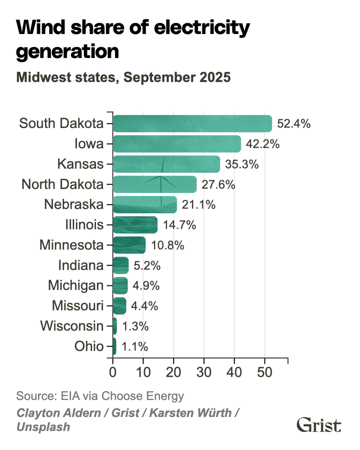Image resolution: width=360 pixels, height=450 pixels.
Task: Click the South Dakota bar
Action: click(192, 124)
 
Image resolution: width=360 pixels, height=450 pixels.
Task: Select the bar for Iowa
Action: click(177, 144)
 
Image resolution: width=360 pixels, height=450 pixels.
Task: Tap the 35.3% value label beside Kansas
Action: click(242, 164)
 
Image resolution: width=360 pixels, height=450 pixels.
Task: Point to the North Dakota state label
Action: click(63, 184)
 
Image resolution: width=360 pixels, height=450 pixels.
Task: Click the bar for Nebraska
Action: click(145, 205)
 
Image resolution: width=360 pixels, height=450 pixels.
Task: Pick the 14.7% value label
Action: click(179, 225)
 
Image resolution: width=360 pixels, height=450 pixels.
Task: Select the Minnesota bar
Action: click(129, 245)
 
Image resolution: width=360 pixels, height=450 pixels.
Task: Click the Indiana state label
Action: click(81, 265)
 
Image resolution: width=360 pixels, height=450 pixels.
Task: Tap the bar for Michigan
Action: click(120, 285)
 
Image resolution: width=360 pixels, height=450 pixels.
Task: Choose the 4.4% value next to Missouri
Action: click(144, 306)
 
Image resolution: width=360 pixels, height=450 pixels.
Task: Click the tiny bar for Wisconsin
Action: click(115, 326)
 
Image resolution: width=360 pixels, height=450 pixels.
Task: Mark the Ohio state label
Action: click(89, 346)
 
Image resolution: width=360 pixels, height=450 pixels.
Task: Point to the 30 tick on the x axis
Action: click(204, 372)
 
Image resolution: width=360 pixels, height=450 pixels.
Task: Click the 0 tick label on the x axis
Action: click(113, 372)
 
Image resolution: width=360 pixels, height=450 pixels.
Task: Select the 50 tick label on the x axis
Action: click(265, 372)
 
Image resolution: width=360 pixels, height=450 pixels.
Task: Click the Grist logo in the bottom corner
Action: click(319, 425)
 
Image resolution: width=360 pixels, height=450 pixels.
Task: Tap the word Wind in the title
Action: click(41, 27)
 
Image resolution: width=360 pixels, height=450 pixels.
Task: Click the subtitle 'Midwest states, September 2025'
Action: click(123, 77)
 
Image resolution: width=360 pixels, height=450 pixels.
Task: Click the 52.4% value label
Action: click(294, 124)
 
